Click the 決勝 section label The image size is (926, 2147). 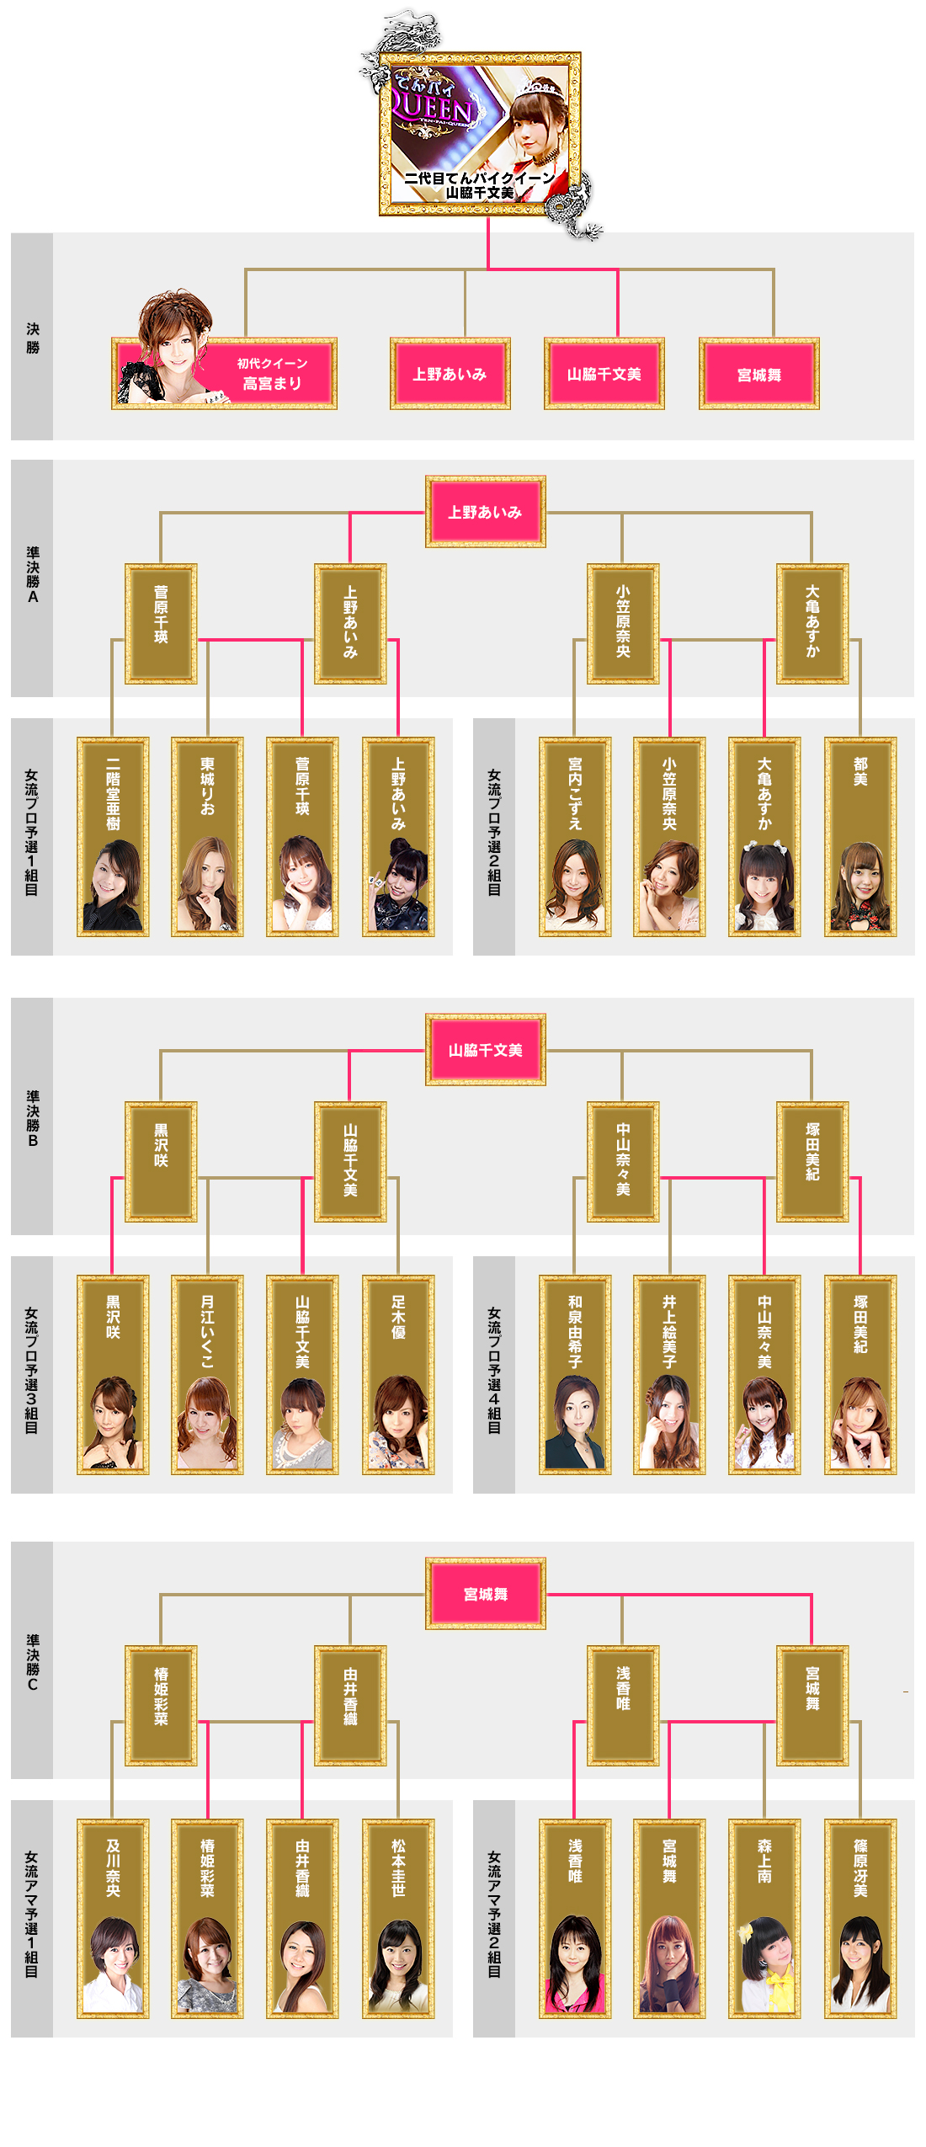point(32,338)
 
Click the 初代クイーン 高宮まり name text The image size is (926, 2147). point(272,374)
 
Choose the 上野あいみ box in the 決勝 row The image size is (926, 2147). point(450,374)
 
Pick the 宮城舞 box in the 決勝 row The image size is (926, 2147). point(758,375)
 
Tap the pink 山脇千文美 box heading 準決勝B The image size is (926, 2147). point(485,1050)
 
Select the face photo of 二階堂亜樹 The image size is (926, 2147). point(113,884)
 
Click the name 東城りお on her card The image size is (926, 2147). point(207,786)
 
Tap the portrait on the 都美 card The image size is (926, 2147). point(859,888)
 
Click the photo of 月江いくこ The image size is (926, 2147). point(207,1423)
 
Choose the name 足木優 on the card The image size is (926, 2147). point(398,1317)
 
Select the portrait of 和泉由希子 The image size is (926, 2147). point(575,1423)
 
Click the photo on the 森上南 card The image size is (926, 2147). point(764,1966)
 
